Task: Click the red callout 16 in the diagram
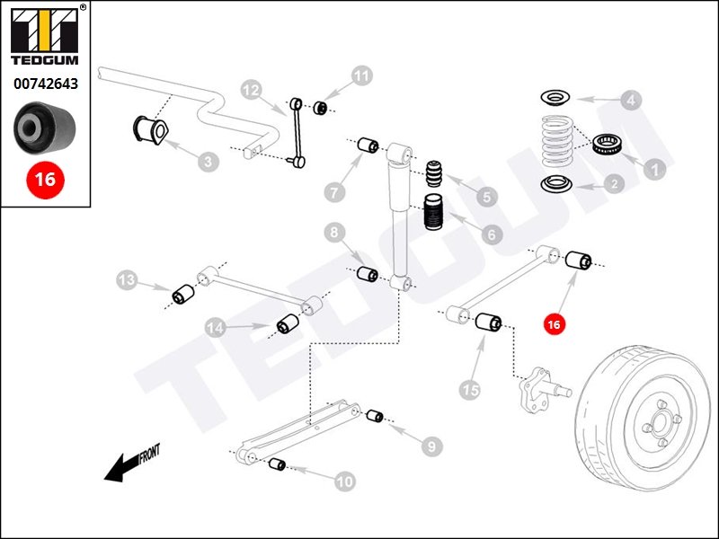pyautogui.click(x=554, y=323)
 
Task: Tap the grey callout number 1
pyautogui.click(x=654, y=167)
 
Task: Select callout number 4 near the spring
pyautogui.click(x=631, y=100)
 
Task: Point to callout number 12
pyautogui.click(x=252, y=90)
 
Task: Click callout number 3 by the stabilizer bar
pyautogui.click(x=208, y=162)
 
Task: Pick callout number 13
pyautogui.click(x=128, y=281)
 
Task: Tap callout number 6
pyautogui.click(x=491, y=234)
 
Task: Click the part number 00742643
pyautogui.click(x=45, y=84)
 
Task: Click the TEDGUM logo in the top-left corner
pyautogui.click(x=45, y=40)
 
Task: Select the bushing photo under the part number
pyautogui.click(x=45, y=128)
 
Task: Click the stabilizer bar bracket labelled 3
pyautogui.click(x=153, y=128)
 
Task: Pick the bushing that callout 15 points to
pyautogui.click(x=488, y=322)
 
